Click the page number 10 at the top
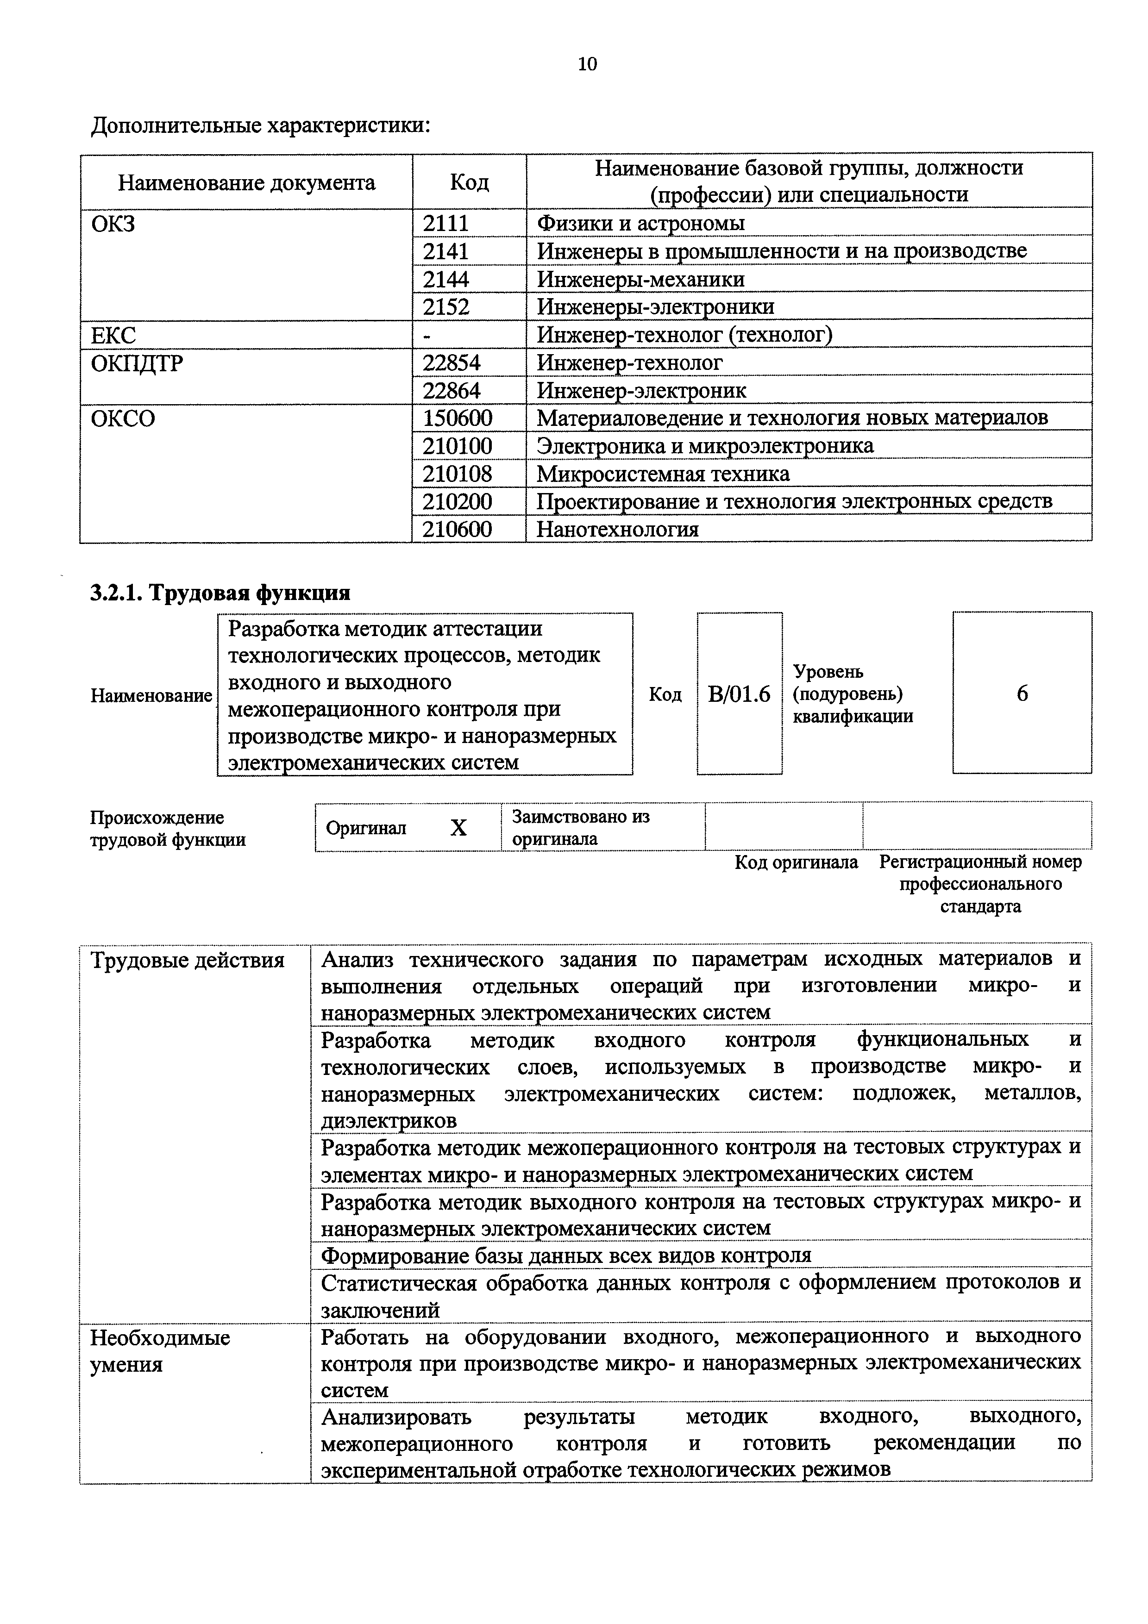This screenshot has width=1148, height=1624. pyautogui.click(x=587, y=64)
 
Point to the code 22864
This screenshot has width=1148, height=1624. pyautogui.click(x=451, y=390)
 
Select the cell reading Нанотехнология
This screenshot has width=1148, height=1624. pyautogui.click(x=617, y=529)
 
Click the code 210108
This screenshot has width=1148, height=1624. pyautogui.click(x=457, y=473)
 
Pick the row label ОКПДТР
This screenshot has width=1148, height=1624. pyautogui.click(x=137, y=363)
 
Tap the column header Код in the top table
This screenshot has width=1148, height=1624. pyautogui.click(x=469, y=182)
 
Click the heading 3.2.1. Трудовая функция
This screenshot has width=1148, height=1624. pyautogui.click(x=220, y=592)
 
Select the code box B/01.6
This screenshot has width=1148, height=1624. pyautogui.click(x=739, y=694)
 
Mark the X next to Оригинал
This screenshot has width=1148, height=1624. pyautogui.click(x=458, y=828)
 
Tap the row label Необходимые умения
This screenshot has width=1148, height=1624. pyautogui.click(x=161, y=1351)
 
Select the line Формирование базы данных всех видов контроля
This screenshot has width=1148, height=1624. pyautogui.click(x=566, y=1255)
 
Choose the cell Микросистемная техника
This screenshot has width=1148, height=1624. pyautogui.click(x=663, y=473)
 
